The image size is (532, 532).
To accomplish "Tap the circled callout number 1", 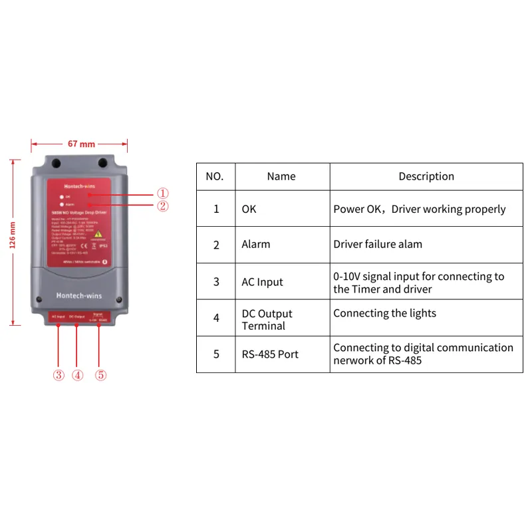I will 164,193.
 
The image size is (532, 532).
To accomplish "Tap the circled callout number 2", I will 164,205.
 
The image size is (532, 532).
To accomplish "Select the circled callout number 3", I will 59,375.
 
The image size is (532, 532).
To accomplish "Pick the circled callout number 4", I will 78,375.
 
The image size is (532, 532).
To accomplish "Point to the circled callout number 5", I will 100,375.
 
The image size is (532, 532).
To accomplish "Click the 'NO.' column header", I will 215,177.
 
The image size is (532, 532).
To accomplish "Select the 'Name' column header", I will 281,177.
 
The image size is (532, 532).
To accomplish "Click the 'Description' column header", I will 426,177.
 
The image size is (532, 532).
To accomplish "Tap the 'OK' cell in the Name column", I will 249,209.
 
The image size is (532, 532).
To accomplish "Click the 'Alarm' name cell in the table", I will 256,244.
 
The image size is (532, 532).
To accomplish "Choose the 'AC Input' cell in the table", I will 262,282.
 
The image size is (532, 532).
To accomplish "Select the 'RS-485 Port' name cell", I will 270,354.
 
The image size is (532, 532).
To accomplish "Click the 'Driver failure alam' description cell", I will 378,244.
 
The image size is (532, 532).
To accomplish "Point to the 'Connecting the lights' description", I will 384,313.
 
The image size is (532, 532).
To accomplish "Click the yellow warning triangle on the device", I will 99,234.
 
